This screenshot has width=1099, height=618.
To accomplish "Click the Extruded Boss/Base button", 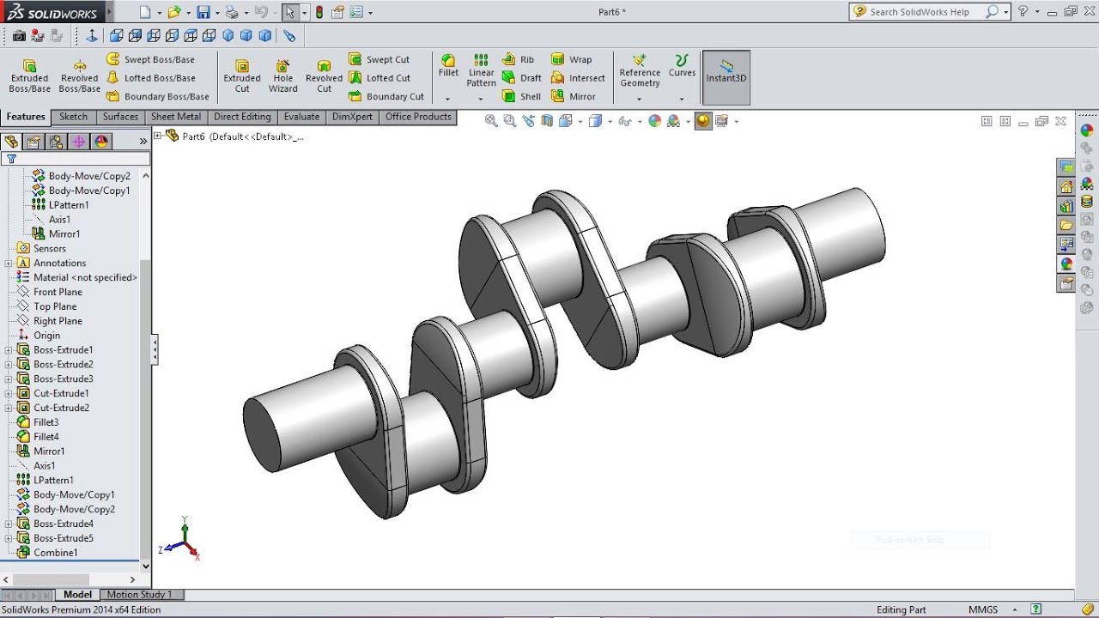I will coord(29,76).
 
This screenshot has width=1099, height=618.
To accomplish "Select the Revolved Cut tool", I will coord(324,76).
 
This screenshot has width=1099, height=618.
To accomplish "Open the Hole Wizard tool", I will coord(282,76).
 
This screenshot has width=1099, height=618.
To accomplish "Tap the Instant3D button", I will coord(726,76).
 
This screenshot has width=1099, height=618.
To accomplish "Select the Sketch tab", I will coord(73,117).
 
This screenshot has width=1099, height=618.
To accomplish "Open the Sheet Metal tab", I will coord(175,117).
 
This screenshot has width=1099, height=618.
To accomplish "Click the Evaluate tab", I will coord(301,117).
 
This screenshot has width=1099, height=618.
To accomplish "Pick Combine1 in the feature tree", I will coord(55,553).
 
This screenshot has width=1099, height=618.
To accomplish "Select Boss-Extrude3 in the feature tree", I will coord(63,379).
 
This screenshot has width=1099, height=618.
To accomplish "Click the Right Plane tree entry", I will coord(58,321).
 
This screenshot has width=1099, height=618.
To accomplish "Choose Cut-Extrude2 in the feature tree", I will coord(61,408).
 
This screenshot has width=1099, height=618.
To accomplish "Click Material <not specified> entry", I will coord(85,277).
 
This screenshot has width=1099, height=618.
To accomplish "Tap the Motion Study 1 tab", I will coord(139,594).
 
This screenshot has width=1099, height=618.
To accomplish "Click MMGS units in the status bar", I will coord(983,609).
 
